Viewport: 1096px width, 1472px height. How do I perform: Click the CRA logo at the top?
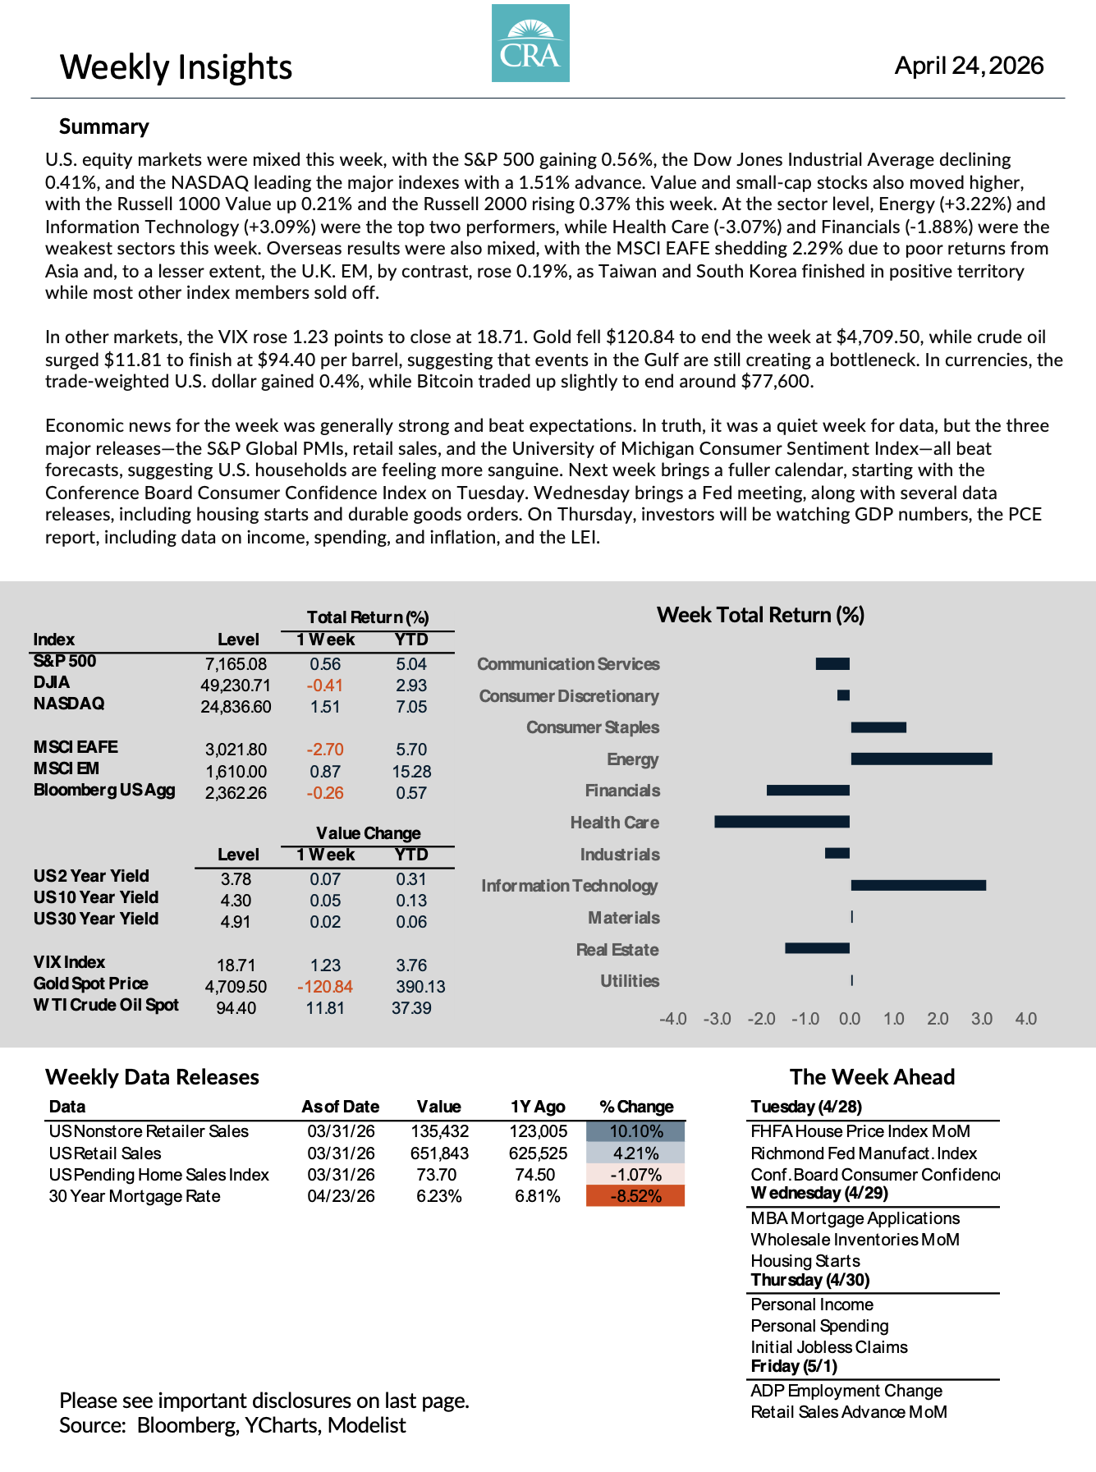pyautogui.click(x=530, y=44)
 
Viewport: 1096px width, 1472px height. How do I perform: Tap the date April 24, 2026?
pyautogui.click(x=969, y=66)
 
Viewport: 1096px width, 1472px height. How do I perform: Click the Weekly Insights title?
pyautogui.click(x=176, y=67)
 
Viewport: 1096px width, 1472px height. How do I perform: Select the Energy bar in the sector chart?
pyautogui.click(x=921, y=759)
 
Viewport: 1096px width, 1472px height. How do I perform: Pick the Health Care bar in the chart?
pyautogui.click(x=782, y=822)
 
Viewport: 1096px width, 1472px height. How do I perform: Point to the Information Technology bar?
pyautogui.click(x=918, y=885)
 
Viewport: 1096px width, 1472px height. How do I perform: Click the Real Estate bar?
pyautogui.click(x=817, y=948)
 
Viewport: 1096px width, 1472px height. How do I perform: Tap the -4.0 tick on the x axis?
pyautogui.click(x=673, y=1019)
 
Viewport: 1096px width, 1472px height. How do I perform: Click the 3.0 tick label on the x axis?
pyautogui.click(x=982, y=1019)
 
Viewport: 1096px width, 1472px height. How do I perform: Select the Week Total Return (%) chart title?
pyautogui.click(x=760, y=615)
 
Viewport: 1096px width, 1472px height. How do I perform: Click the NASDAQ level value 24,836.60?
pyautogui.click(x=236, y=707)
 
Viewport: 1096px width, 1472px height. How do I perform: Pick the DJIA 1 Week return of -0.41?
pyautogui.click(x=325, y=686)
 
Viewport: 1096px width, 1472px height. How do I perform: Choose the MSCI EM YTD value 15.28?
pyautogui.click(x=411, y=772)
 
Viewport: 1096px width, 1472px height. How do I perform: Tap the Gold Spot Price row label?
pyautogui.click(x=91, y=984)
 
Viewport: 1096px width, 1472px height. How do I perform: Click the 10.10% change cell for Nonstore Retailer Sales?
pyautogui.click(x=635, y=1131)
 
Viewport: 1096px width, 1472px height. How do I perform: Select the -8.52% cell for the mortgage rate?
pyautogui.click(x=635, y=1196)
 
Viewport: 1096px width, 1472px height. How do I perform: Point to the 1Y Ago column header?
pyautogui.click(x=538, y=1107)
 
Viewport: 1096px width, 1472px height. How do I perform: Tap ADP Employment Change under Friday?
pyautogui.click(x=846, y=1391)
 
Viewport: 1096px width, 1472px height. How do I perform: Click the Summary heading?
pyautogui.click(x=104, y=126)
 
